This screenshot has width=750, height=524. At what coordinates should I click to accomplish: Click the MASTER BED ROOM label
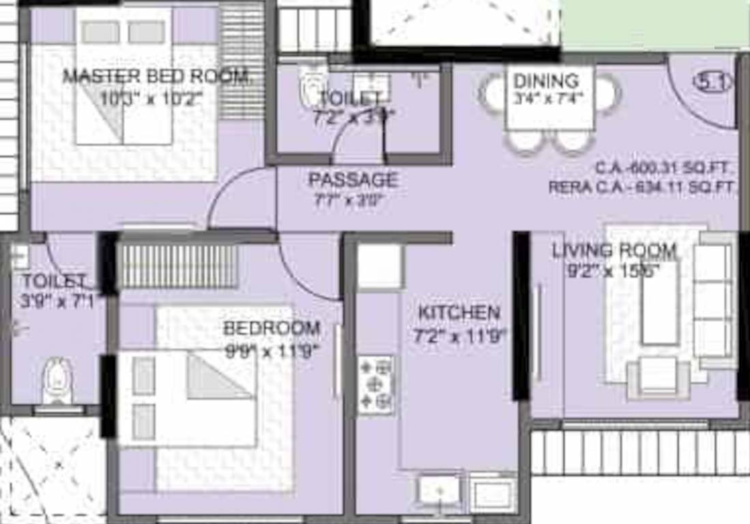coord(156,76)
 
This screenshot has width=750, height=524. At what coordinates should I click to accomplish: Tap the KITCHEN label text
coord(459,313)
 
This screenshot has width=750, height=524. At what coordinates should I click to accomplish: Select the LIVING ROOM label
coord(614,250)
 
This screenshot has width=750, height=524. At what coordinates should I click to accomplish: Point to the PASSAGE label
coord(353,180)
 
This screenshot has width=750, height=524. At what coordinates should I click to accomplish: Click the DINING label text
coord(546,81)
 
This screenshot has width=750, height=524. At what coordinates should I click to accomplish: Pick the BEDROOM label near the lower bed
coord(272,328)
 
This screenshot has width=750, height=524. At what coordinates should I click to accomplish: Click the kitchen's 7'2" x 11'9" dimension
coord(461,336)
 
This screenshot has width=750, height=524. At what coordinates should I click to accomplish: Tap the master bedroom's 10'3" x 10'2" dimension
coord(152,99)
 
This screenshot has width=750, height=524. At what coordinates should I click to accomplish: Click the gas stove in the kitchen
coord(376,385)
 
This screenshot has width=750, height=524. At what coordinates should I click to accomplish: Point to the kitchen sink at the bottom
coord(439,490)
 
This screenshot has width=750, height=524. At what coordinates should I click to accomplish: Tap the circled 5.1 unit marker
coord(712,83)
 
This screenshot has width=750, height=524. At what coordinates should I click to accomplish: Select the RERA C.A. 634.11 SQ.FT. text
coord(643,187)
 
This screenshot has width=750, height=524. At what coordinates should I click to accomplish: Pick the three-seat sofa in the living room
coord(714,300)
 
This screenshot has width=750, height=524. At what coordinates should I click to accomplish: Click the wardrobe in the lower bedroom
coord(179,267)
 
